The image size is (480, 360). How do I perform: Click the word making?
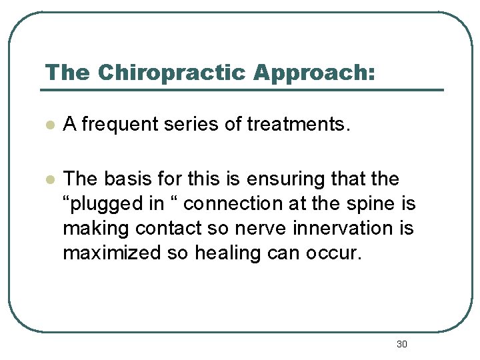coord(96,229)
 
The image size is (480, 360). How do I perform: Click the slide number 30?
coord(401,344)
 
